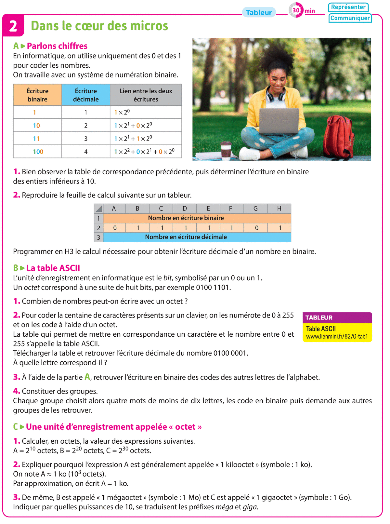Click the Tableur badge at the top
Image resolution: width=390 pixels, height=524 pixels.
coord(259,12)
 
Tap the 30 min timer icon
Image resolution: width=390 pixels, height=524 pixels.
coord(296,10)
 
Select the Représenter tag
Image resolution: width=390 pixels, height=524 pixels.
coord(348,7)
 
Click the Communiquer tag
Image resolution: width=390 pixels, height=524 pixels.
coord(350,18)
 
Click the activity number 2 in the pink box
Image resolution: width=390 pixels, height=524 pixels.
coord(13,26)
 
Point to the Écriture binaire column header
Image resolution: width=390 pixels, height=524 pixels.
coord(37,95)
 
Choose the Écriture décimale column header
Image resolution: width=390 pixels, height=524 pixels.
coord(86,95)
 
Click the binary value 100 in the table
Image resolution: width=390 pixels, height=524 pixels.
coord(38,152)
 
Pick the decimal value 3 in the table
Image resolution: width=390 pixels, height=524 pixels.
coord(86,139)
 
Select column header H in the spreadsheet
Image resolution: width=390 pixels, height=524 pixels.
coord(279,208)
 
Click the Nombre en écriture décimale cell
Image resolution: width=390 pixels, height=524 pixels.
coord(186,237)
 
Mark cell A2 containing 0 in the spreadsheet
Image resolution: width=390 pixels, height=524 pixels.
coord(115,228)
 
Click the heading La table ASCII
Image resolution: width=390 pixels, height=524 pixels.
coord(53,268)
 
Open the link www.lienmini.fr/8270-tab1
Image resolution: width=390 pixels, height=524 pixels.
coord(337,337)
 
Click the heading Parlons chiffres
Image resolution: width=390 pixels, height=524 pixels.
coord(57,46)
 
